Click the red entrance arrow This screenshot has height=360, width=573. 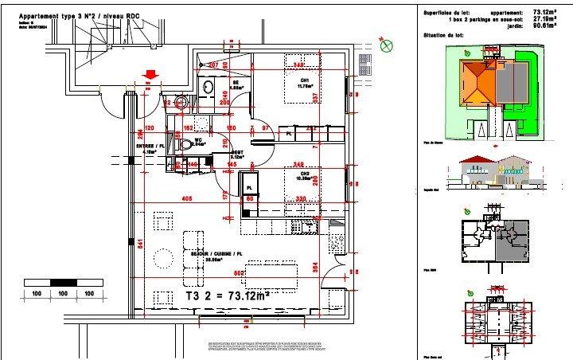pos(149,75)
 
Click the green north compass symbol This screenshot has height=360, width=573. pos(388,46)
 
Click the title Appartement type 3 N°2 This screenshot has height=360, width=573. pos(56,17)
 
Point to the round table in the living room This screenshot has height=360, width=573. pos(164,260)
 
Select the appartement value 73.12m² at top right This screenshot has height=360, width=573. pos(548,12)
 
